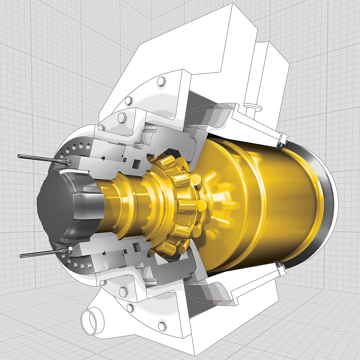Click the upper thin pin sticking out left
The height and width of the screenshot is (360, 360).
[34, 158]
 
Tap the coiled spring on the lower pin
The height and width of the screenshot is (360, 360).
[66, 250]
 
